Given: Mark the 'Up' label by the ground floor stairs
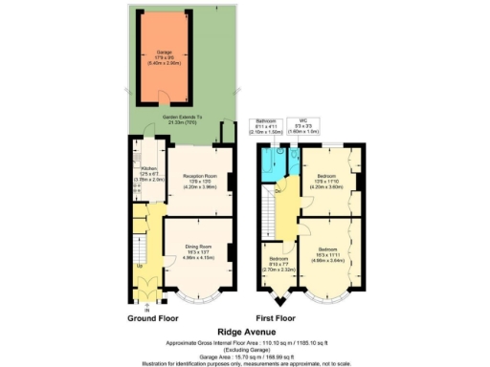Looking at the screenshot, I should point(140,266).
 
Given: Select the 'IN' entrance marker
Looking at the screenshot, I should point(146,308).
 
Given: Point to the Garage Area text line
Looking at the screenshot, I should point(244,353).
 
